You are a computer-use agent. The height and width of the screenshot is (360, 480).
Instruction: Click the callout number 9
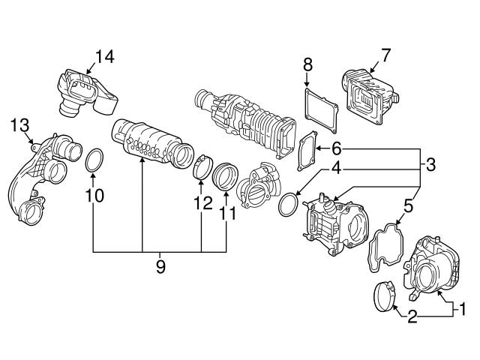click(161, 267)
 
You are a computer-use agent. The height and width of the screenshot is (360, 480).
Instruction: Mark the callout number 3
click(430, 163)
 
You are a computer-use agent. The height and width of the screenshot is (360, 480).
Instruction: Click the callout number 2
click(412, 317)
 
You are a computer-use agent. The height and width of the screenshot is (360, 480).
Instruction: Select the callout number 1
click(463, 307)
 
